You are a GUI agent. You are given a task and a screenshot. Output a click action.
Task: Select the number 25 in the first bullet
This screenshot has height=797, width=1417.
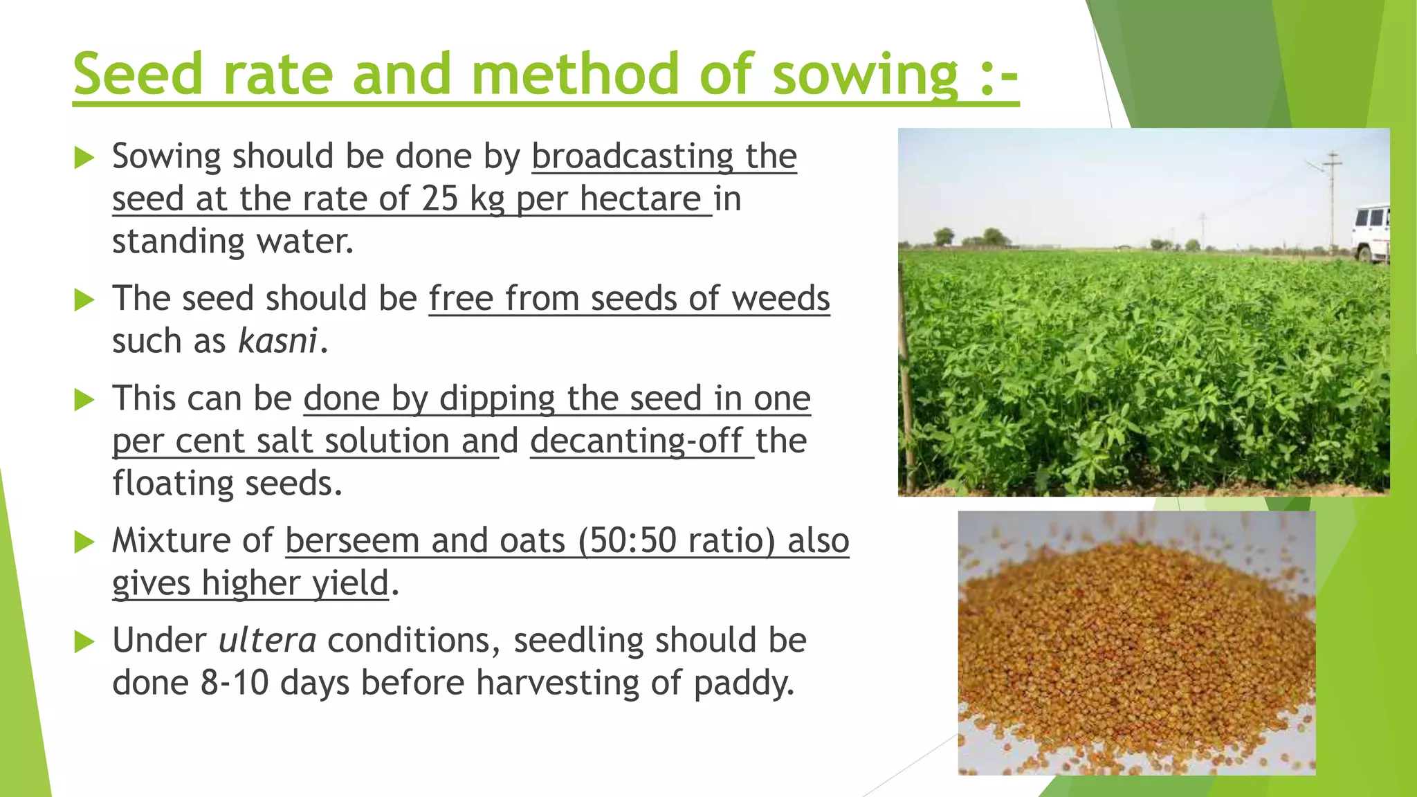tap(440, 199)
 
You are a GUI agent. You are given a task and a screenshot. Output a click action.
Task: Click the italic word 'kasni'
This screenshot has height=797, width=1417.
tap(277, 341)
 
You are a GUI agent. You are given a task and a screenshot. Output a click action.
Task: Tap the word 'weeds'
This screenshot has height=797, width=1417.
tap(780, 299)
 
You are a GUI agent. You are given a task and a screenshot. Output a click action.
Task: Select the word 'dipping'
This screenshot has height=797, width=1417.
tap(497, 399)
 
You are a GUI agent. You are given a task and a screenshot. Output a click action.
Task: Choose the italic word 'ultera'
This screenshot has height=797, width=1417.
tap(267, 641)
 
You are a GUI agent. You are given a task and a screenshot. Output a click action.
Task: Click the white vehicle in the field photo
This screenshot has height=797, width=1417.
tap(1371, 232)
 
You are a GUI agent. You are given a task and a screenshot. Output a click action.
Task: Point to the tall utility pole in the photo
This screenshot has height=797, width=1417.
tap(1332, 201)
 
